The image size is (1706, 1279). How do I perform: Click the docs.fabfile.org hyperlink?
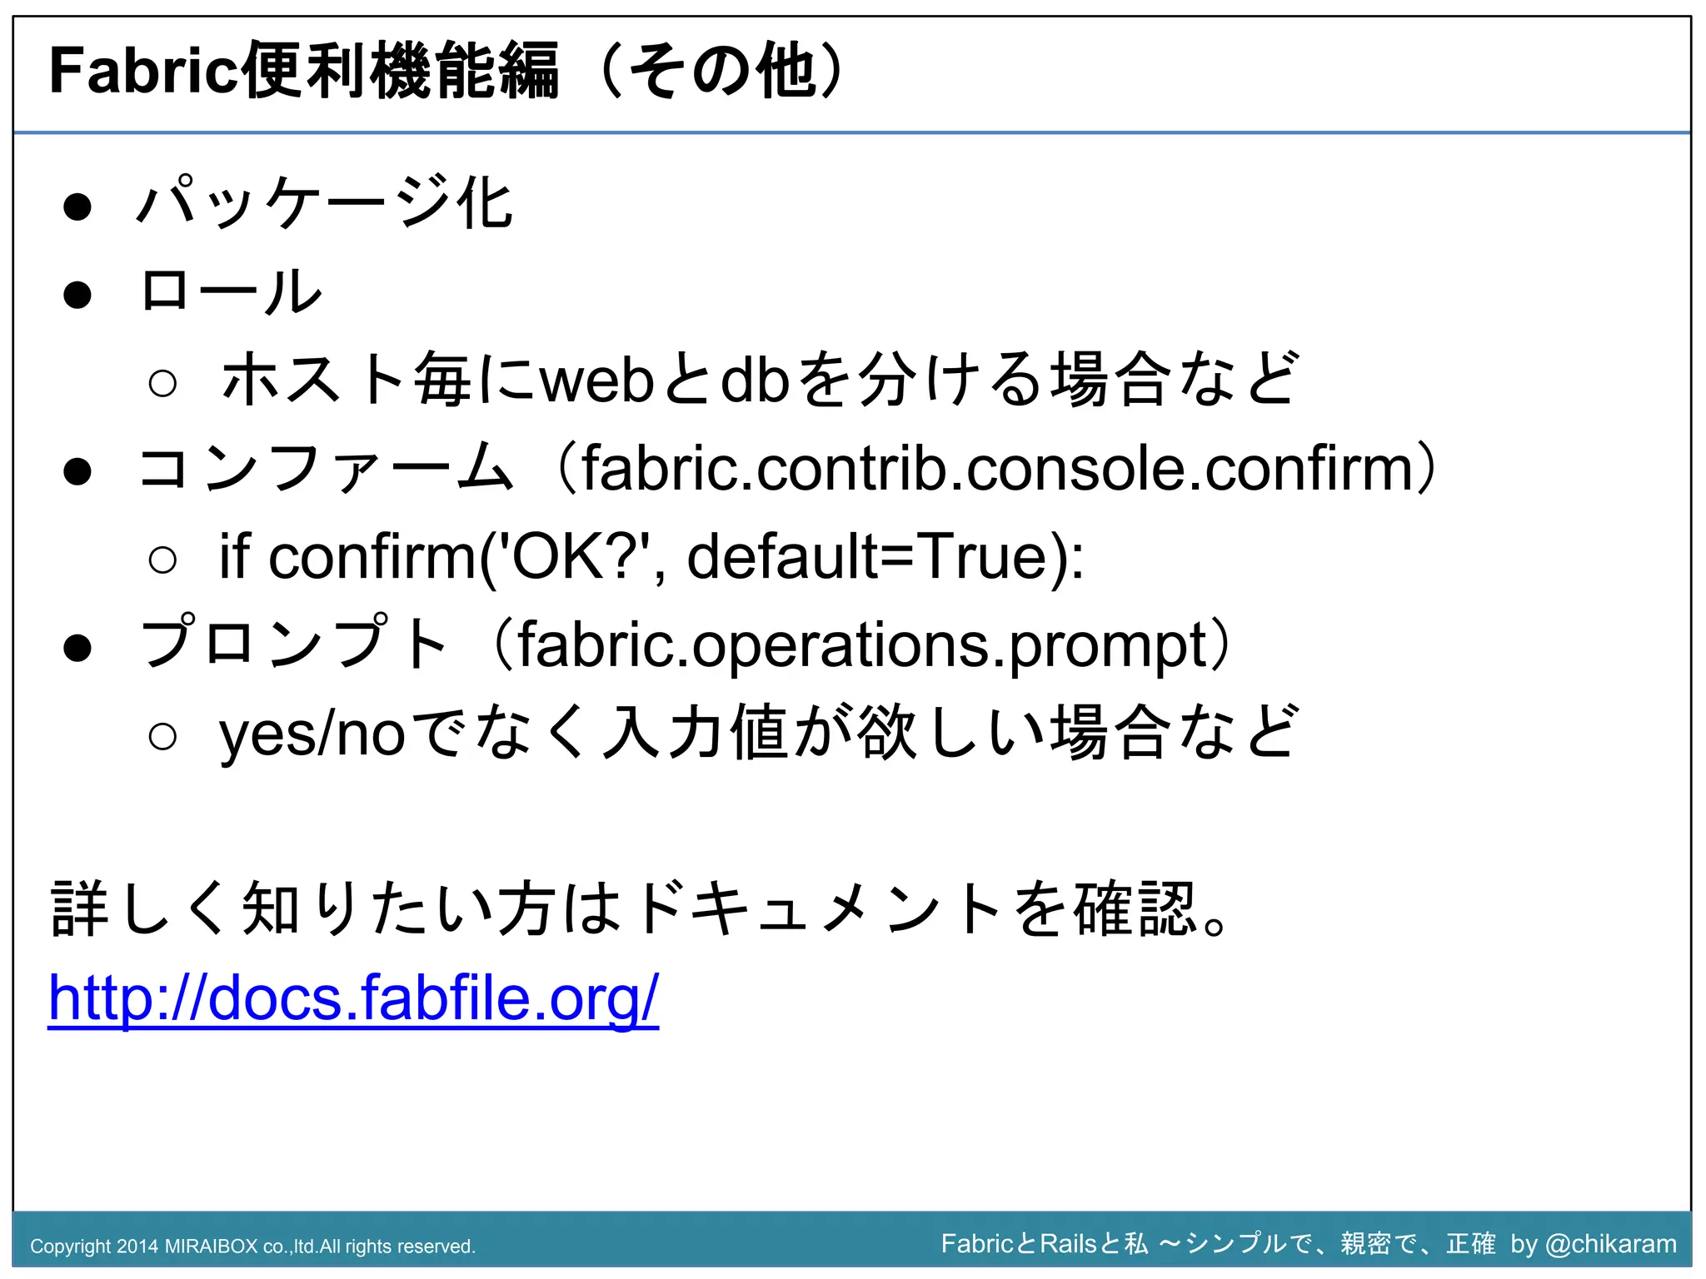tap(353, 998)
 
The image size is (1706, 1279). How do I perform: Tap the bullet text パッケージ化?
tap(325, 203)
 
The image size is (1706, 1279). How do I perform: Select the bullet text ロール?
tap(231, 291)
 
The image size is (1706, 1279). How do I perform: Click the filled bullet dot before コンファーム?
tap(77, 471)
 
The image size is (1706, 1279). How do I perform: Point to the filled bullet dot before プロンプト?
tap(77, 648)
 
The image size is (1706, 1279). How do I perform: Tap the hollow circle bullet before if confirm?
tap(162, 560)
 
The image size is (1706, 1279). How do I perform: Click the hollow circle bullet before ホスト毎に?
tap(162, 383)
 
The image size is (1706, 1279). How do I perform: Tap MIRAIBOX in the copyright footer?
tap(211, 1247)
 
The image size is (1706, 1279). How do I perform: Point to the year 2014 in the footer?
tap(137, 1247)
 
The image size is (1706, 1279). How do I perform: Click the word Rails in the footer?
tap(1068, 1243)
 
